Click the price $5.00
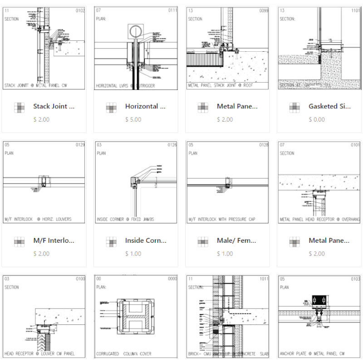(133, 120)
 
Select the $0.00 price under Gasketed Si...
(316, 120)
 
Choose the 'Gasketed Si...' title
(329, 107)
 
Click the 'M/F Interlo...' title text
(54, 240)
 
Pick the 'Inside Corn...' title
(146, 240)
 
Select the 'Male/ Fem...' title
(237, 240)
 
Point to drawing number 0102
(80, 10)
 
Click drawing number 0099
(264, 10)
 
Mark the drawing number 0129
(80, 145)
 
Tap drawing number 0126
(172, 145)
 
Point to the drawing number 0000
(172, 279)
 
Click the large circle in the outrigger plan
(136, 31)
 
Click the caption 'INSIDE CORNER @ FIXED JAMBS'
(125, 220)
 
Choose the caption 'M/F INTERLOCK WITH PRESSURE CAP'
(222, 220)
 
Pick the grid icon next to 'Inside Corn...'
(112, 241)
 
